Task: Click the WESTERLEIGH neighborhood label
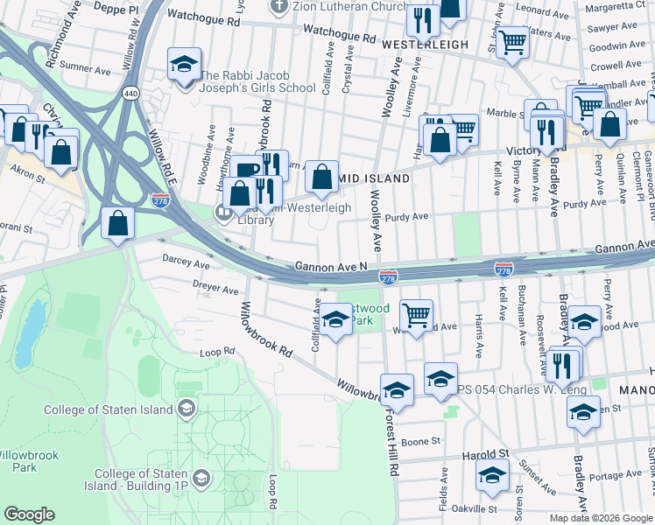point(426,44)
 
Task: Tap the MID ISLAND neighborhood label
point(374,178)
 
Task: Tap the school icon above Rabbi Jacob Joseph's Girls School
point(185,65)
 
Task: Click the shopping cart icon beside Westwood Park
point(417,314)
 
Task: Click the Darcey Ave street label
point(187,262)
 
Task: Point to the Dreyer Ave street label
point(215,288)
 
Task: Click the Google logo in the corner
point(29,514)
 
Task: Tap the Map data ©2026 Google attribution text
point(601,518)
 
